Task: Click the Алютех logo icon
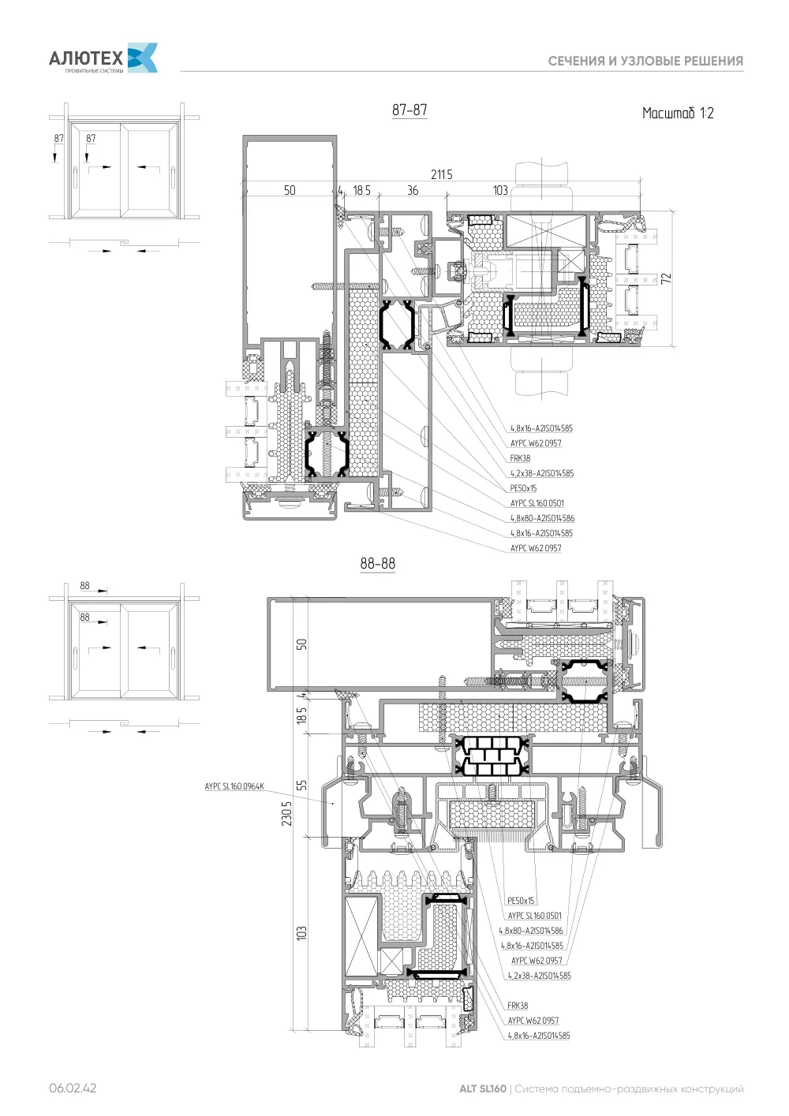(143, 58)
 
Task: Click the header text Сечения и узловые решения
(645, 62)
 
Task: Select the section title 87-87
(409, 110)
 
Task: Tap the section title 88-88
(377, 563)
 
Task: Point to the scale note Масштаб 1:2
(677, 113)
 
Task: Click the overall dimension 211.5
(442, 174)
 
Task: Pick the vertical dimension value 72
(666, 278)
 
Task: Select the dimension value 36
(413, 190)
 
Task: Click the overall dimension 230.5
(286, 813)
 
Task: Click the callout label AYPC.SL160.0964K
(234, 786)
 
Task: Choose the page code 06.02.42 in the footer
(73, 1088)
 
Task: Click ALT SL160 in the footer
(482, 1088)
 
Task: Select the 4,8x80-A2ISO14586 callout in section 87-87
(542, 518)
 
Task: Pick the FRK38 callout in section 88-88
(518, 1006)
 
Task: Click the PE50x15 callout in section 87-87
(523, 488)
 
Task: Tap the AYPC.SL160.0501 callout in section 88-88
(534, 915)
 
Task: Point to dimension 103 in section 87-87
(500, 190)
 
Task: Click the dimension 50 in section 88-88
(301, 644)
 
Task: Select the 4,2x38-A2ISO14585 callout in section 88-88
(540, 976)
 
